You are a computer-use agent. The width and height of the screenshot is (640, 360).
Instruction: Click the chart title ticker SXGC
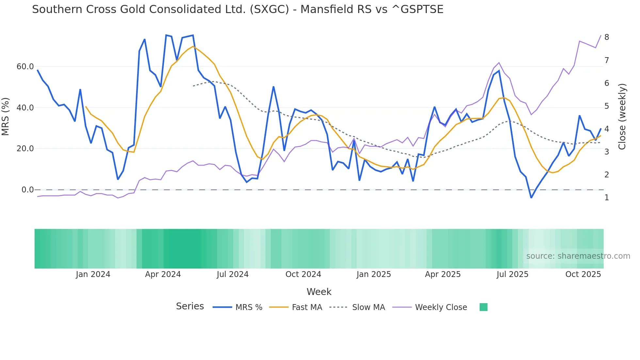[x=269, y=9]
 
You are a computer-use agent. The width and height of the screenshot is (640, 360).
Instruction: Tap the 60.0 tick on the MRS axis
[x=25, y=67]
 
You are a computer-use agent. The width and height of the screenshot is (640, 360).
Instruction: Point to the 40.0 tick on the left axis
[x=25, y=108]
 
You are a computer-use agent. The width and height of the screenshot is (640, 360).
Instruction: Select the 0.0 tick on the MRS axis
[x=27, y=190]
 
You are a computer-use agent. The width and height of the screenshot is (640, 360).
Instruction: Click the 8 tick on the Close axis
[x=607, y=37]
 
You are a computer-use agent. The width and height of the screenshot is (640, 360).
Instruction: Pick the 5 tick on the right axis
[x=607, y=106]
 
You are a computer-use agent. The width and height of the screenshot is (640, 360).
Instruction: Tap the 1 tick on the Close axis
[x=607, y=198]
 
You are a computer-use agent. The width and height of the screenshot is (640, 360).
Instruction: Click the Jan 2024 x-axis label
[x=93, y=274]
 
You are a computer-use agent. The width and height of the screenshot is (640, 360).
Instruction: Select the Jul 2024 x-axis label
[x=232, y=274]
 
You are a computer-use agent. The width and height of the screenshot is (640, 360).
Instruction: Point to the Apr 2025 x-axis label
[x=442, y=274]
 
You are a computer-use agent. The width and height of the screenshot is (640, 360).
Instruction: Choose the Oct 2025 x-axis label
[x=583, y=274]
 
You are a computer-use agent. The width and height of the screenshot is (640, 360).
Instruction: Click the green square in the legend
[x=483, y=307]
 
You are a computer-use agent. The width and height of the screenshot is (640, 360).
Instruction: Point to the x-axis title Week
[x=319, y=292]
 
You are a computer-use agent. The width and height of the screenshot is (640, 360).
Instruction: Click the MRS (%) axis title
[x=6, y=117]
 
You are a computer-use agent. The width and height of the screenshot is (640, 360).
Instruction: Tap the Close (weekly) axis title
[x=622, y=117]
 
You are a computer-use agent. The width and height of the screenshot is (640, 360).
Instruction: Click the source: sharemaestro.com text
[x=578, y=256]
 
